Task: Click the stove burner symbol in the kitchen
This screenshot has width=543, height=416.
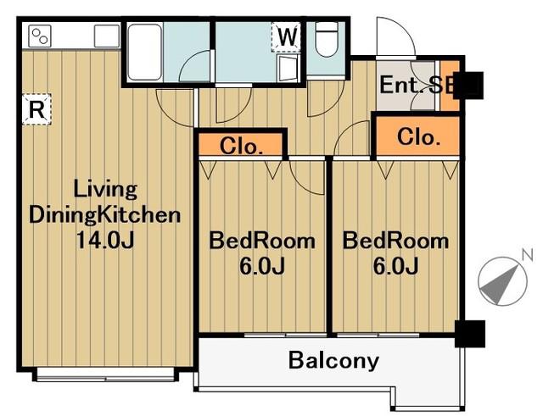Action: (x=40, y=36)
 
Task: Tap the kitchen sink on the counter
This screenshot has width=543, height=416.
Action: (x=107, y=36)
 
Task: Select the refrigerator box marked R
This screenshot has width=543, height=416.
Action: (x=36, y=109)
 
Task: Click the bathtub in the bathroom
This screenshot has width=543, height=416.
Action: (x=145, y=52)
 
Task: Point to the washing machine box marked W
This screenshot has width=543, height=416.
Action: (x=286, y=36)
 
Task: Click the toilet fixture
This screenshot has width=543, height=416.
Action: (x=326, y=40)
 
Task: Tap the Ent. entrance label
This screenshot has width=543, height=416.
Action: (x=401, y=85)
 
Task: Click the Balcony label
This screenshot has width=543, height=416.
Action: (x=333, y=361)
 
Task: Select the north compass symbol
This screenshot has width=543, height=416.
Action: (x=502, y=281)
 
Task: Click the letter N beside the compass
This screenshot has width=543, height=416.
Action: (x=527, y=255)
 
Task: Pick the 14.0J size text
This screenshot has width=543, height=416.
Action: (x=105, y=240)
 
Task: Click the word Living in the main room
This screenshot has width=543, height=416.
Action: (x=105, y=191)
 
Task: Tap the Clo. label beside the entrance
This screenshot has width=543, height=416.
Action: (x=418, y=137)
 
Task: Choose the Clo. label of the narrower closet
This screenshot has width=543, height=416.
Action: (x=241, y=146)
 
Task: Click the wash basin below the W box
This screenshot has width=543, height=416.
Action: (x=288, y=69)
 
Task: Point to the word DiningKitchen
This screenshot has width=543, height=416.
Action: (x=104, y=215)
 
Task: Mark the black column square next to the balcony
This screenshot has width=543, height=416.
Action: (x=469, y=334)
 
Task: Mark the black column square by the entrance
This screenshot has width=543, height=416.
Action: (x=468, y=86)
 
